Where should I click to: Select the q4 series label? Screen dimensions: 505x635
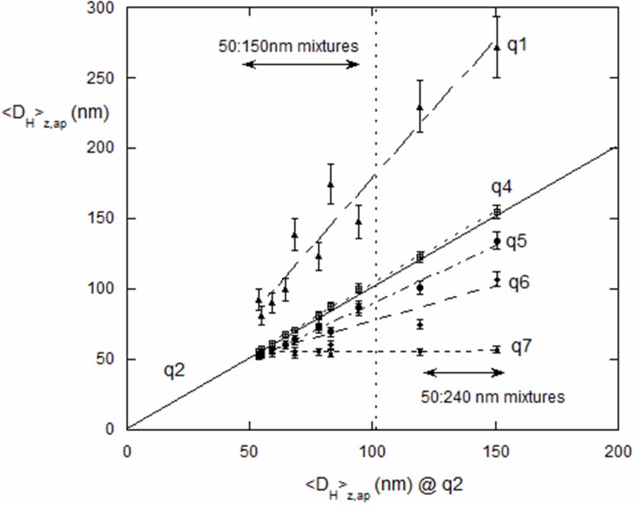point(502,186)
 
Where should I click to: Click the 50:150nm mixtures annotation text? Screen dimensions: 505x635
point(289,46)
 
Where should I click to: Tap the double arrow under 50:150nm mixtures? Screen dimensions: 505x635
point(301,64)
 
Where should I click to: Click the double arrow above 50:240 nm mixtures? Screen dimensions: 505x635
point(464,372)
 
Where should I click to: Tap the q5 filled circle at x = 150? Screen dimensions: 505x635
point(496,241)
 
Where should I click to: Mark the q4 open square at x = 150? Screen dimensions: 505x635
point(496,212)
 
